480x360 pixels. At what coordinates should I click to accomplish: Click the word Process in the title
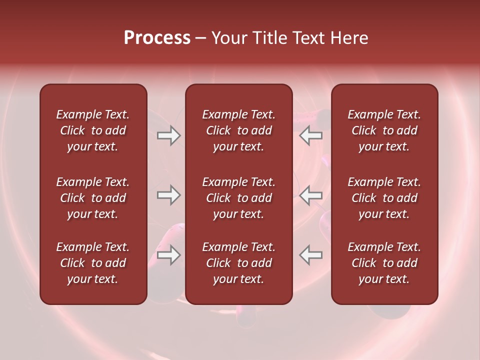[157, 38]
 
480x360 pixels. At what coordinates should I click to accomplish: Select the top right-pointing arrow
[168, 135]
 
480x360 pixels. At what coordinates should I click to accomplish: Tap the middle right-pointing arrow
[168, 195]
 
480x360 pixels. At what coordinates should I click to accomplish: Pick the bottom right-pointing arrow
[168, 255]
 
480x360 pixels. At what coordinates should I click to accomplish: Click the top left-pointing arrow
[311, 135]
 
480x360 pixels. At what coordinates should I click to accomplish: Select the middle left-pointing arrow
[311, 195]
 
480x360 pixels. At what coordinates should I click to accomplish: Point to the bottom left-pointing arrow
[311, 255]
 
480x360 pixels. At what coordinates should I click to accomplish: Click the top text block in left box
[93, 130]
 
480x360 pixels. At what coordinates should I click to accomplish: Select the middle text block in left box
[93, 198]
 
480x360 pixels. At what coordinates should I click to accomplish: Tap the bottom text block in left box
[93, 263]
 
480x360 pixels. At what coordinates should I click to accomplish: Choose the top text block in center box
[238, 130]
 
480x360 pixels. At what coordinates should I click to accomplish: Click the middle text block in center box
[238, 198]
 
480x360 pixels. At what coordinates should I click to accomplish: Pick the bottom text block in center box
[238, 263]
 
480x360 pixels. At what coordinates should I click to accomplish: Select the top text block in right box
[384, 130]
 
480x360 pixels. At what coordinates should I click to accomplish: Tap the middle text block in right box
[384, 198]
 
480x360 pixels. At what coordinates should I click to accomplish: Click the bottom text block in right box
[384, 263]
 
